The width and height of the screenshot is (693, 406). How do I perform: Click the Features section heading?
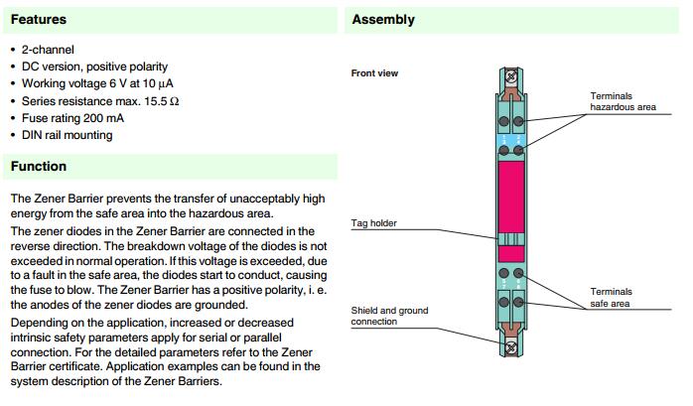coord(39,19)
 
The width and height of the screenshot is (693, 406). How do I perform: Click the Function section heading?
coord(39,166)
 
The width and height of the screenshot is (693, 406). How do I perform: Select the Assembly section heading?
coord(383,20)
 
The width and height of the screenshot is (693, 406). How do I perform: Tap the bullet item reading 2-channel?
coord(48,49)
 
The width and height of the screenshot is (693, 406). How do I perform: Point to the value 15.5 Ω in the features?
coord(158,100)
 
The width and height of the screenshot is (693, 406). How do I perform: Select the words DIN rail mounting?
coord(67,135)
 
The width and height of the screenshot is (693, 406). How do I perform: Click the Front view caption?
coord(374,73)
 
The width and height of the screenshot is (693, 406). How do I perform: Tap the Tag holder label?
coord(374,223)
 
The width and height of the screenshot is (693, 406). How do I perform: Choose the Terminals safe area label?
coord(612,298)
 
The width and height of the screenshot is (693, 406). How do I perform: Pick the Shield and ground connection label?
coord(389,316)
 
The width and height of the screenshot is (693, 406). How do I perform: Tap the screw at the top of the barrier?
coord(512,74)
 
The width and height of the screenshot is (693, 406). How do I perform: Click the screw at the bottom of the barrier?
coord(512,348)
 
